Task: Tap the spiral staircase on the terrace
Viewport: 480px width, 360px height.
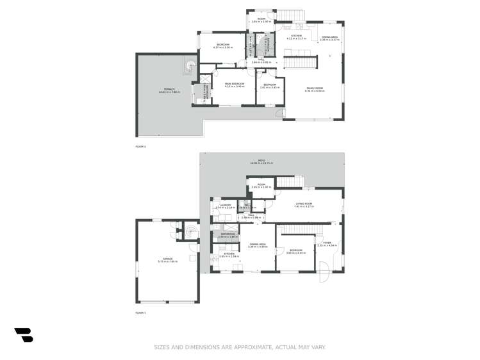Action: pyautogui.click(x=189, y=66)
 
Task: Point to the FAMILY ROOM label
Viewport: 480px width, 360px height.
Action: pyautogui.click(x=314, y=89)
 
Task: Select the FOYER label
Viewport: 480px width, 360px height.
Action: pyautogui.click(x=327, y=243)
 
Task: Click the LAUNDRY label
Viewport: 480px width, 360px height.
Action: pyautogui.click(x=225, y=206)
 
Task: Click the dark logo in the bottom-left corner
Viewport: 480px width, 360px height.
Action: pyautogui.click(x=24, y=335)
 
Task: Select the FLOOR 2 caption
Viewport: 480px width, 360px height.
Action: pyautogui.click(x=140, y=147)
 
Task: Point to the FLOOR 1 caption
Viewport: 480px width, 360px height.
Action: pyautogui.click(x=140, y=313)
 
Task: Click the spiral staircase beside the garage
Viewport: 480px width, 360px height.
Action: pyautogui.click(x=190, y=229)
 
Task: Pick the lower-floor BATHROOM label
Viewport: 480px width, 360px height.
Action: pyautogui.click(x=229, y=235)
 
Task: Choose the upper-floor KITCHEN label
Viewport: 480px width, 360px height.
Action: pyautogui.click(x=297, y=37)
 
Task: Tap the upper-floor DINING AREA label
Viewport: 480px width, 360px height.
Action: pyautogui.click(x=330, y=37)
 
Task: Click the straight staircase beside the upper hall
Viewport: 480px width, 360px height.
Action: pyautogui.click(x=300, y=62)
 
